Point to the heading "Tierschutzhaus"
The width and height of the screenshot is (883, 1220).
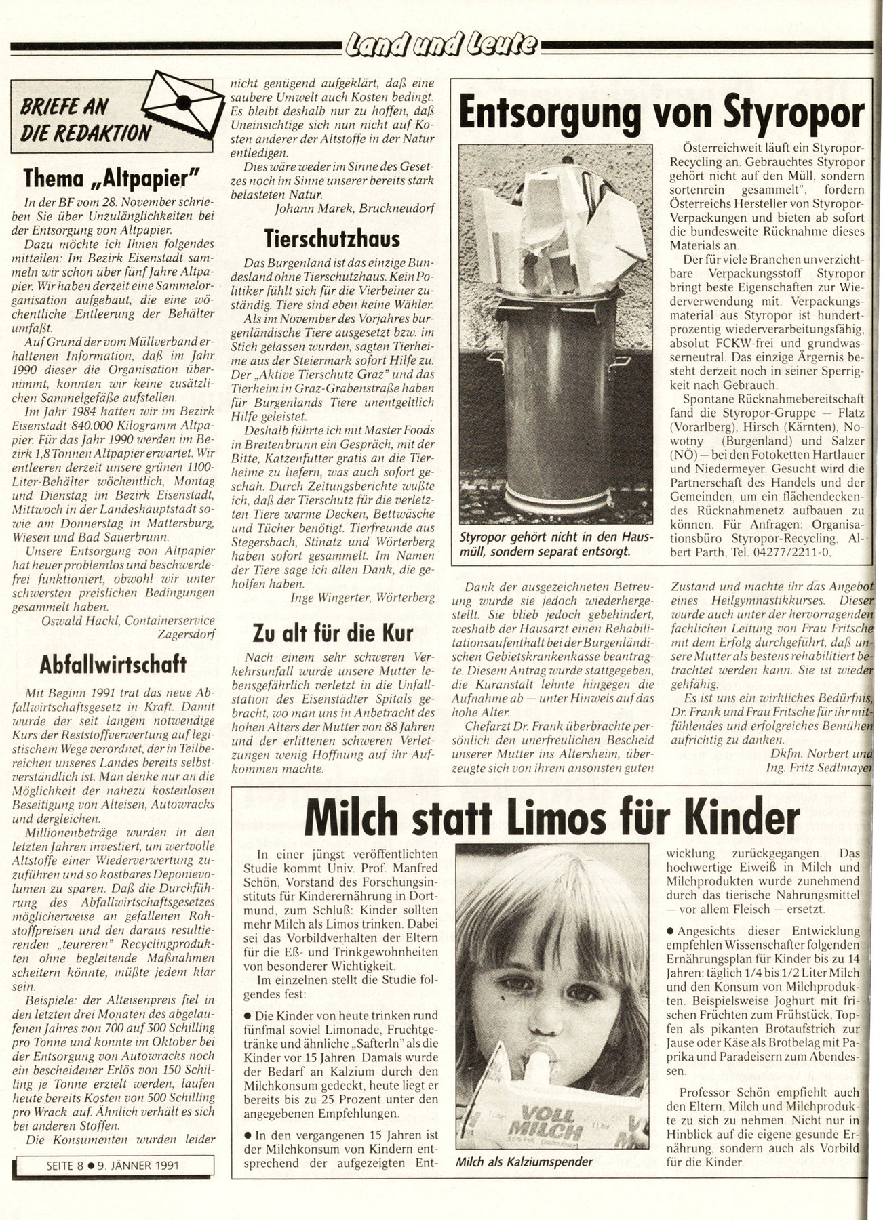coord(332,238)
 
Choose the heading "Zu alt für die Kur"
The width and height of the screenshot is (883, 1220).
coord(332,633)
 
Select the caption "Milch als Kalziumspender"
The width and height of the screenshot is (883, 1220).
coord(524,1162)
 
